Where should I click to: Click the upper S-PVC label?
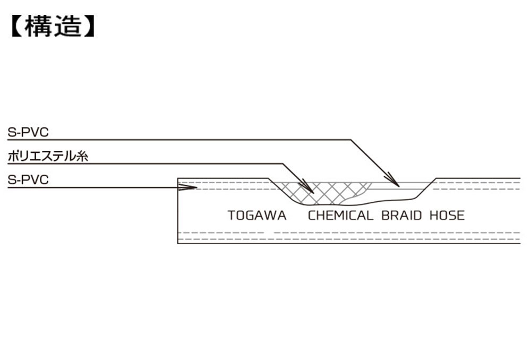tap(28, 132)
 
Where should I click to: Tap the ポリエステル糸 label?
tap(48, 156)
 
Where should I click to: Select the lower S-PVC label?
tap(28, 179)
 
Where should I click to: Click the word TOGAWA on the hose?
tap(257, 216)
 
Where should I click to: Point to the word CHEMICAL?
tap(340, 216)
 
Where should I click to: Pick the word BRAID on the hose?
tap(401, 216)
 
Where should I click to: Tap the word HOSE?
tap(447, 216)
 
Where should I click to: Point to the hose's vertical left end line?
tap(178, 211)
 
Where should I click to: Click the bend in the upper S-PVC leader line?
tap(351, 140)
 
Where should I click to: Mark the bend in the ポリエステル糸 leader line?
tap(283, 164)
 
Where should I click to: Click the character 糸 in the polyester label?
tap(82, 156)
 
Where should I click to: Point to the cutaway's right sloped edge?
tap(426, 188)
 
